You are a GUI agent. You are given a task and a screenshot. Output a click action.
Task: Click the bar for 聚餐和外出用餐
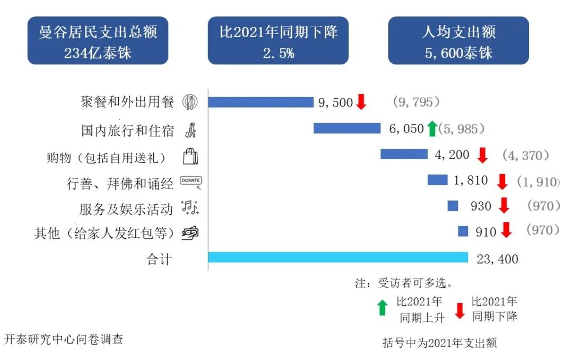261,102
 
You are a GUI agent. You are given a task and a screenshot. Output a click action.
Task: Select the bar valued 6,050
347,128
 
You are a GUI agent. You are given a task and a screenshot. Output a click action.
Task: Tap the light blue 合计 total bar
338,258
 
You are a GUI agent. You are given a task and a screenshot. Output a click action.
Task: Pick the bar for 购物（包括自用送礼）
404,154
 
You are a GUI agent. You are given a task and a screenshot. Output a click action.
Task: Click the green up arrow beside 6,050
432,128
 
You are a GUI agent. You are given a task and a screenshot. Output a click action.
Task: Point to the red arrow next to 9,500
361,101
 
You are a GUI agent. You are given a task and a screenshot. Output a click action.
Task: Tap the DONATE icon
191,182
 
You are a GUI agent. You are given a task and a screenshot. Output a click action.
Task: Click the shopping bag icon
190,156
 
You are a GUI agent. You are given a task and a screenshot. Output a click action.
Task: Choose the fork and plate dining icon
190,102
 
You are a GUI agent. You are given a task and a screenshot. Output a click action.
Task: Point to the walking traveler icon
190,129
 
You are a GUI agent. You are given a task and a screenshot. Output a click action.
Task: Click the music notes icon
190,208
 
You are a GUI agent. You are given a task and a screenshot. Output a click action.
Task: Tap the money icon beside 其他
190,233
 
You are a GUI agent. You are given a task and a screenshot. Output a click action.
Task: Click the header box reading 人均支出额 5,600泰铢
458,41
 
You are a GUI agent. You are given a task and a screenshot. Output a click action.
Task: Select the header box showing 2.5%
278,41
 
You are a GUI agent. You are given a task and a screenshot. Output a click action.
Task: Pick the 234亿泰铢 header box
98,41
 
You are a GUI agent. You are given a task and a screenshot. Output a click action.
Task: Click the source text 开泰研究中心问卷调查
64,339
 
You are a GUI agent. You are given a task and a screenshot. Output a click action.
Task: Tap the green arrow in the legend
382,307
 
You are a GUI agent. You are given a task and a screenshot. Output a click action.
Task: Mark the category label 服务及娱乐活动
126,209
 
